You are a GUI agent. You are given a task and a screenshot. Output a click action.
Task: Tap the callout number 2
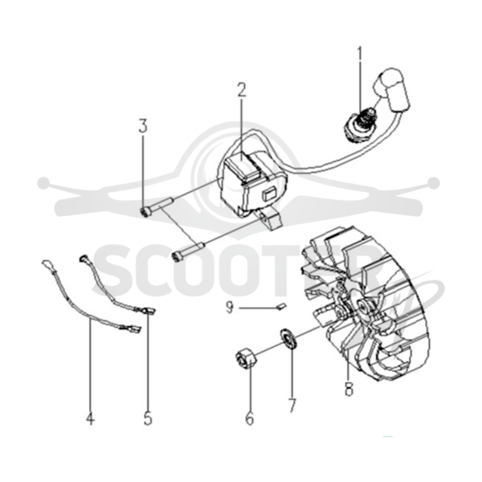click(242, 89)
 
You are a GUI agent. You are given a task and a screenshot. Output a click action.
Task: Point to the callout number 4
click(90, 418)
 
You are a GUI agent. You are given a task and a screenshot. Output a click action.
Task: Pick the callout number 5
click(148, 418)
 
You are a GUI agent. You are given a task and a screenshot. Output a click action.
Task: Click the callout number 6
click(250, 418)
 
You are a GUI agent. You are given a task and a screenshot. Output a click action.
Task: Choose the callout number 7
click(292, 405)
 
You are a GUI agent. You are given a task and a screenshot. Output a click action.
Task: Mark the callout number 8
click(349, 388)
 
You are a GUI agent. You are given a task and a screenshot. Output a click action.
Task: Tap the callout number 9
click(230, 307)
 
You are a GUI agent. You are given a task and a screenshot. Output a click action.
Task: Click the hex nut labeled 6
click(247, 358)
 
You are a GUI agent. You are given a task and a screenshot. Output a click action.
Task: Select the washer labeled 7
click(288, 338)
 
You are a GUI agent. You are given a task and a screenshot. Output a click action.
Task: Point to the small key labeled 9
click(282, 307)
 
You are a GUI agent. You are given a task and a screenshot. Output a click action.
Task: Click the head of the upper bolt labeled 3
click(145, 211)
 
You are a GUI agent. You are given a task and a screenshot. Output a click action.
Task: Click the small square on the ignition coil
click(268, 194)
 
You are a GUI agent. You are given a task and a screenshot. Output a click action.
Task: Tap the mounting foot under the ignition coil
click(271, 219)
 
